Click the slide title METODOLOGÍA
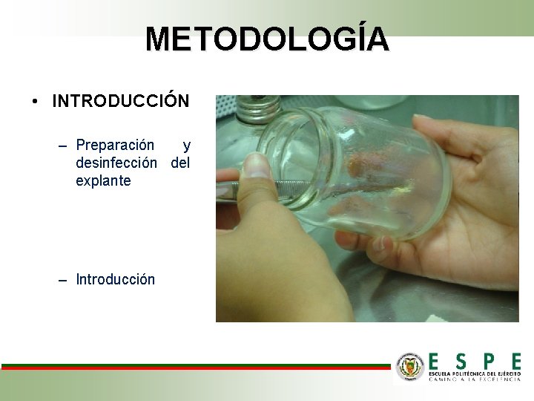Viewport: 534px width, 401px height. click(x=266, y=39)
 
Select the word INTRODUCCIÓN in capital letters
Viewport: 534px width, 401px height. click(x=120, y=101)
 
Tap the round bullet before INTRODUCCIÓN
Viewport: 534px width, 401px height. click(x=36, y=101)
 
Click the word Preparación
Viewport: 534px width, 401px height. click(x=115, y=145)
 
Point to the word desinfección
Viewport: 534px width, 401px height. click(x=116, y=162)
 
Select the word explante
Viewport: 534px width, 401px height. click(x=103, y=180)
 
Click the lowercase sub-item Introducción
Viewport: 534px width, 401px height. click(x=115, y=279)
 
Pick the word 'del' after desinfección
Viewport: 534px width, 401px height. click(x=180, y=162)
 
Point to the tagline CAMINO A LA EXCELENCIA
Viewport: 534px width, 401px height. click(x=475, y=379)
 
